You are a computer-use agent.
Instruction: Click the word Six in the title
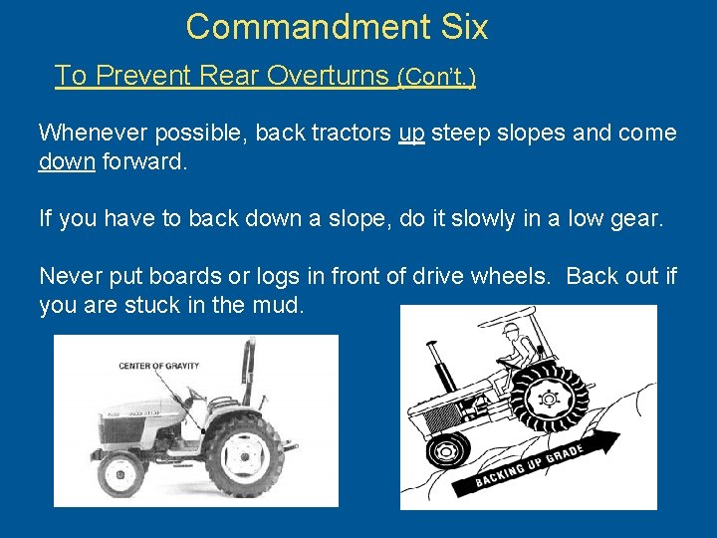coord(462,27)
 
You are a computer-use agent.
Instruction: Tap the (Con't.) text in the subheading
coord(436,77)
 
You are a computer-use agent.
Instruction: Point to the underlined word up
coord(411,134)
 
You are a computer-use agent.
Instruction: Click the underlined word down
coord(67,160)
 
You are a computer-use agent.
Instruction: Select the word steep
coord(463,134)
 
